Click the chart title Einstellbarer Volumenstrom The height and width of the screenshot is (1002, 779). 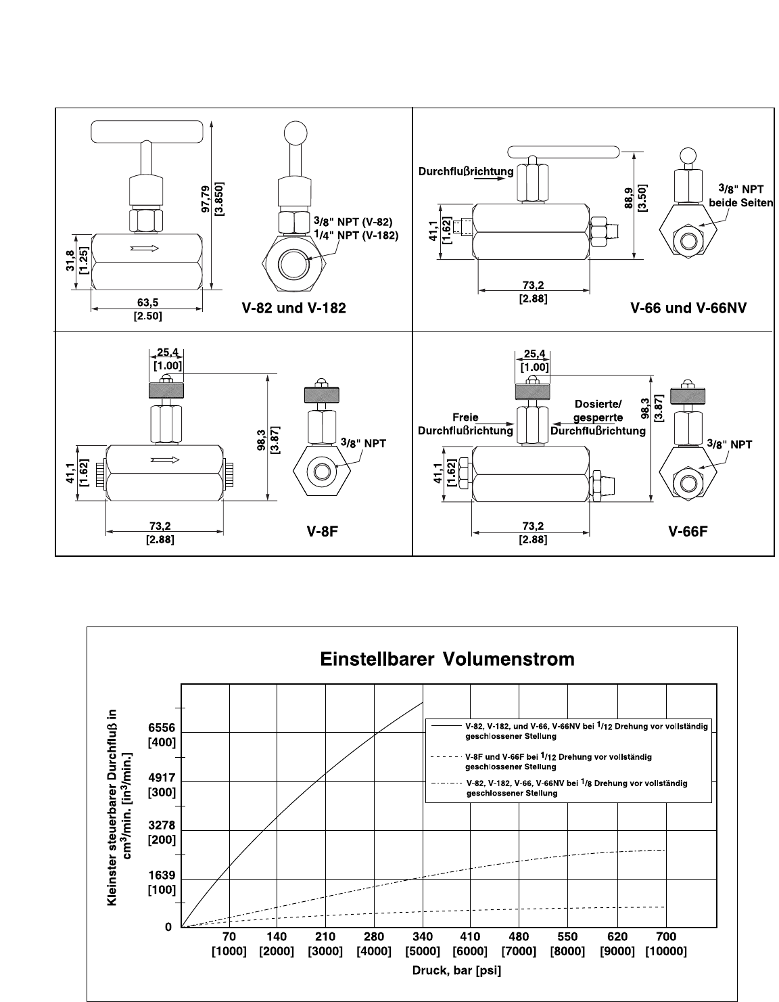point(447,659)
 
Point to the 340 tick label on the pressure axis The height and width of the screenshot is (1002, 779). point(423,936)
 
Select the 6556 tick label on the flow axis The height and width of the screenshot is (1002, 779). point(162,727)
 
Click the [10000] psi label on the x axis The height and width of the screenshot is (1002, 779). point(665,951)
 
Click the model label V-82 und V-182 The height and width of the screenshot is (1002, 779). point(294,308)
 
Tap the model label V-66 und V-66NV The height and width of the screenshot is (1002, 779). point(688,308)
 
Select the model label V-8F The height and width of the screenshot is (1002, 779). point(323,532)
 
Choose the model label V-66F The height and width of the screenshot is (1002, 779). point(688,532)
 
